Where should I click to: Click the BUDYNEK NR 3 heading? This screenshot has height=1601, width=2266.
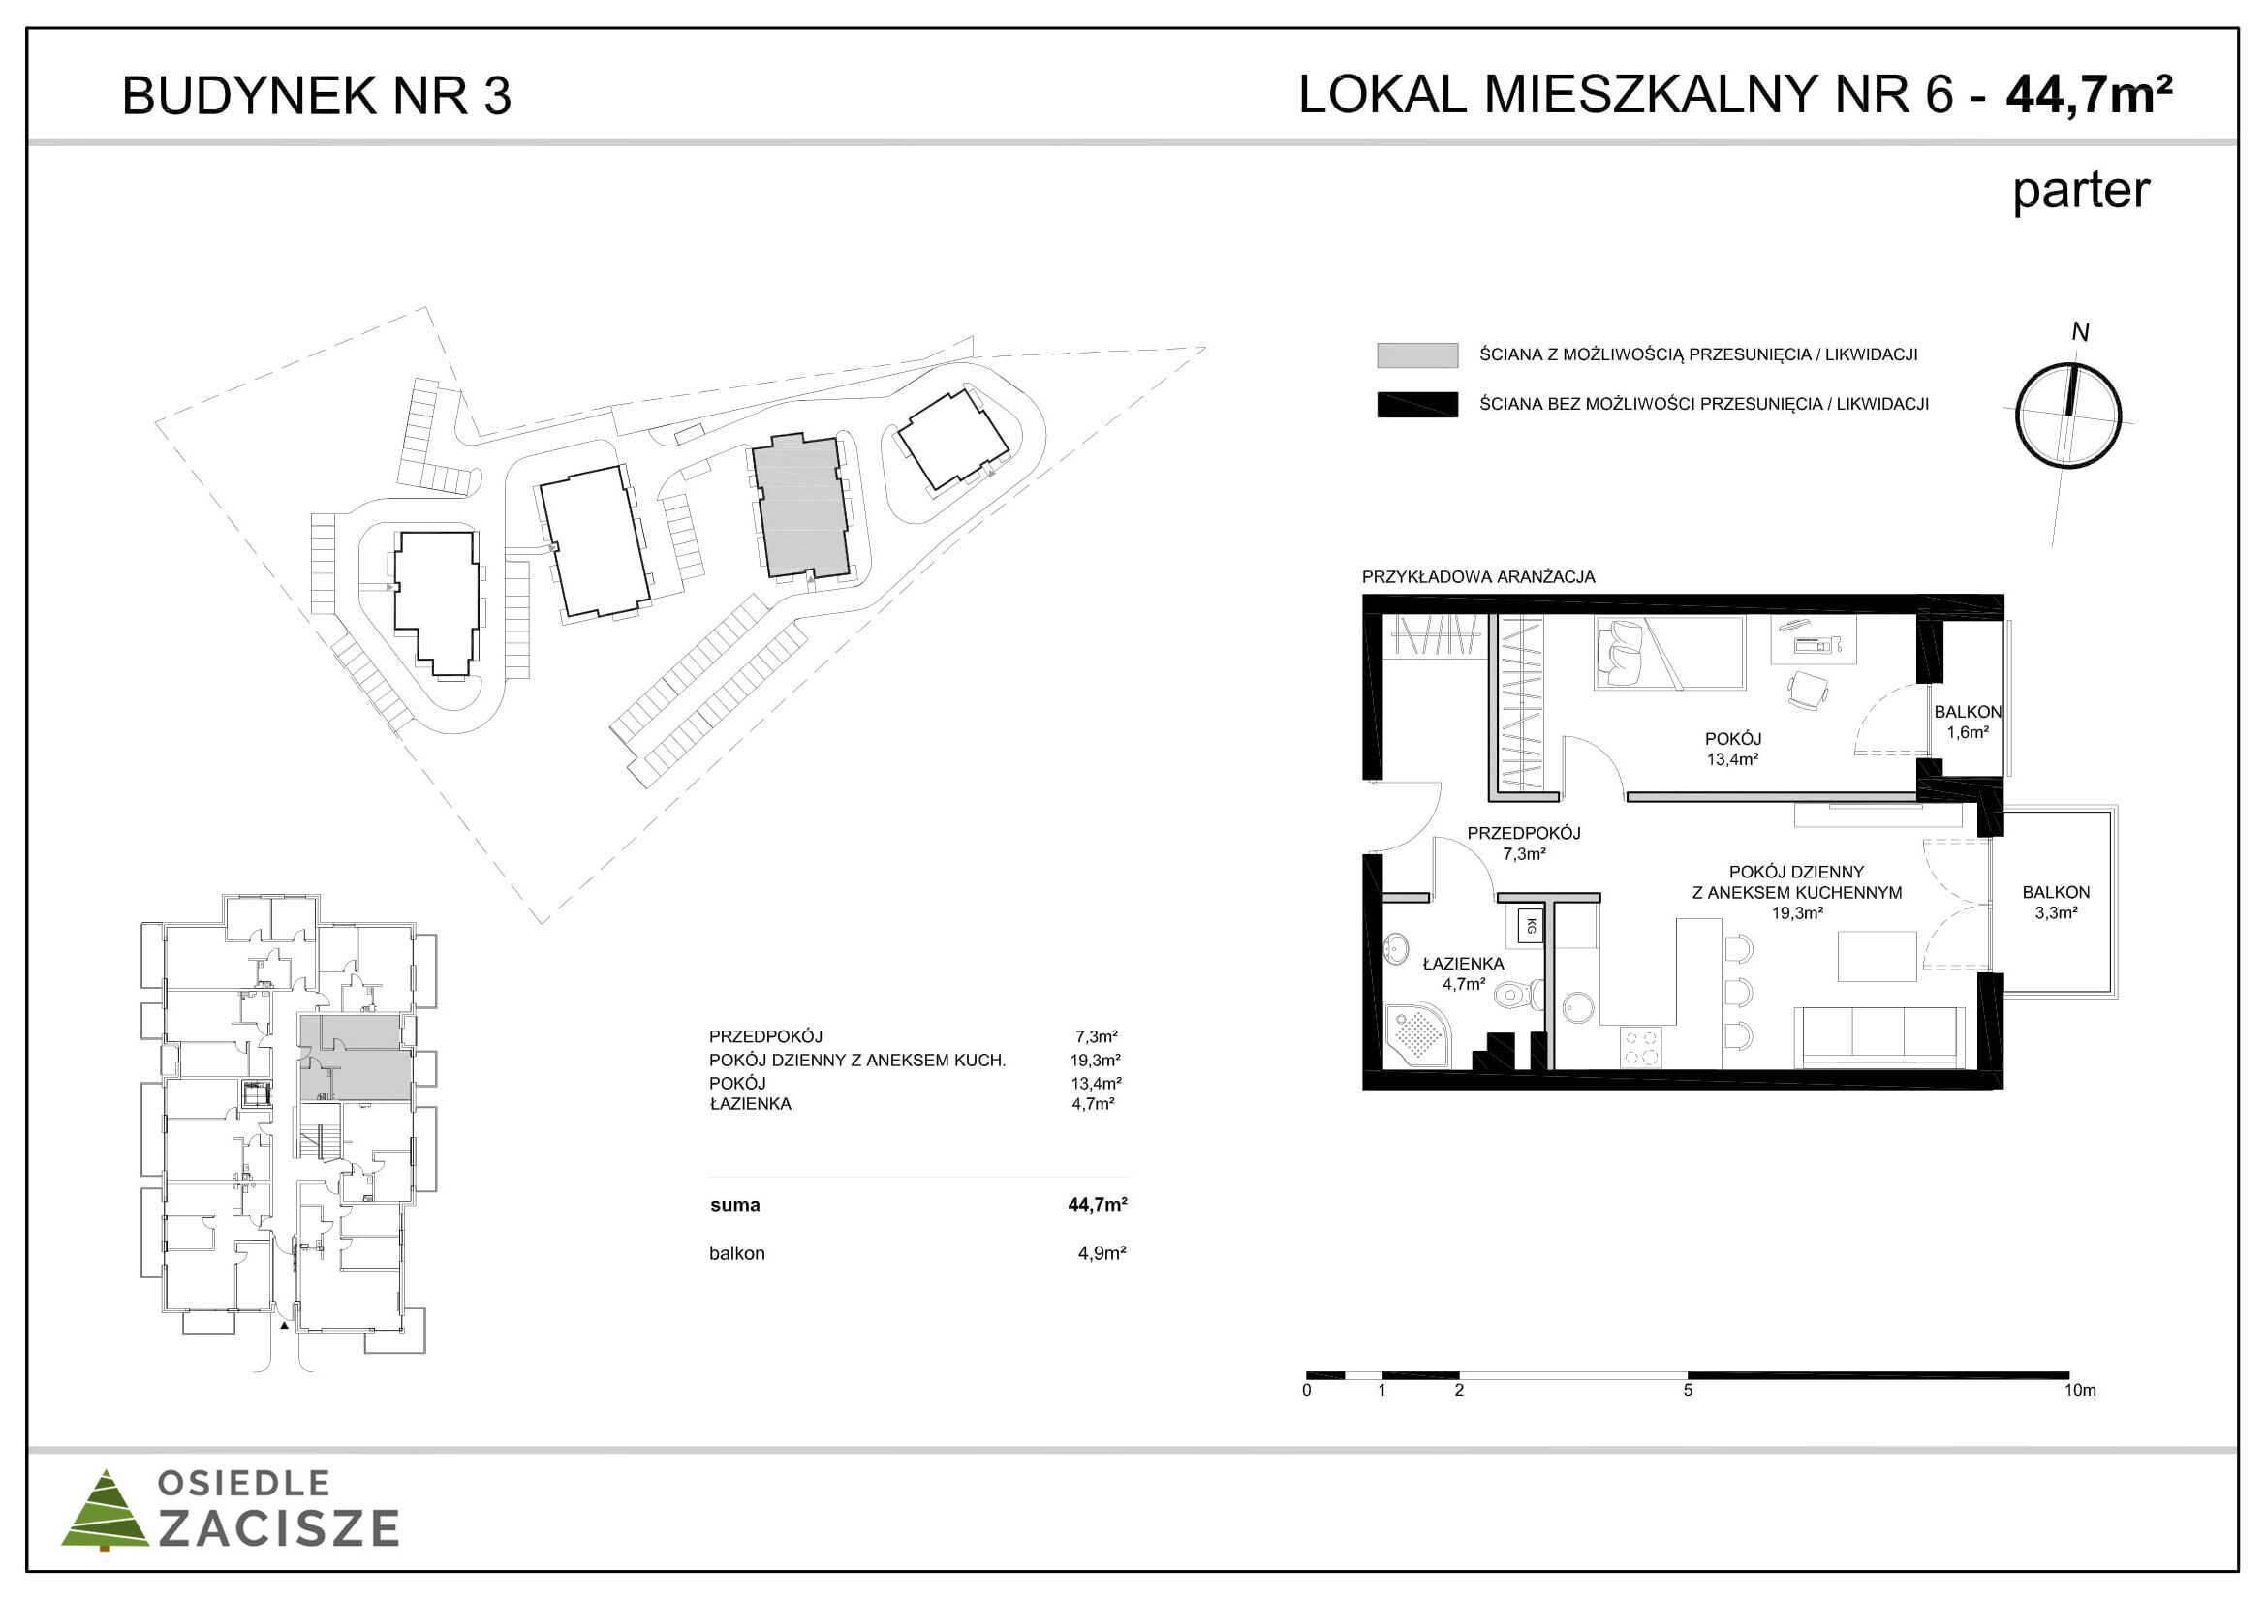point(316,97)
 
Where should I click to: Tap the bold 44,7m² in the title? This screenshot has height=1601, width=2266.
point(2089,95)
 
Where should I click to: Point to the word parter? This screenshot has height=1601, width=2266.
point(2080,192)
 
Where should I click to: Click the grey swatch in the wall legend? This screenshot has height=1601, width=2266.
point(1417,355)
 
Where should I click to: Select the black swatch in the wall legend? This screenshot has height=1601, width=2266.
point(1417,405)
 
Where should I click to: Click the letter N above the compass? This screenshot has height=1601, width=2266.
point(2079,332)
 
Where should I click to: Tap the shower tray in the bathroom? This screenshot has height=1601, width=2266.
point(1419,1035)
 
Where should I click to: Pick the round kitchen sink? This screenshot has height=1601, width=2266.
point(1580,1007)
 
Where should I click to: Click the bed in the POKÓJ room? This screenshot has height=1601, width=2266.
point(1669,652)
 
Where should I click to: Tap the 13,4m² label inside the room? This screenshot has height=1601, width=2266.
point(1733,759)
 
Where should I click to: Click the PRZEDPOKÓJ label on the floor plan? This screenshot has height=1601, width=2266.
point(1524,834)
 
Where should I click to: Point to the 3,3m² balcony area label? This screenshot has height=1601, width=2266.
point(2056,913)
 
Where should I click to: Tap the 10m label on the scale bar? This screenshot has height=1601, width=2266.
point(2080,1390)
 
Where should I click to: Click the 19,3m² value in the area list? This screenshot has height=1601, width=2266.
point(1096,1061)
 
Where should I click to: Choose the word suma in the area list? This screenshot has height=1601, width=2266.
point(735,1205)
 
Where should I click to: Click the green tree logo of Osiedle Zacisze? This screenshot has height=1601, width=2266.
point(106,1510)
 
